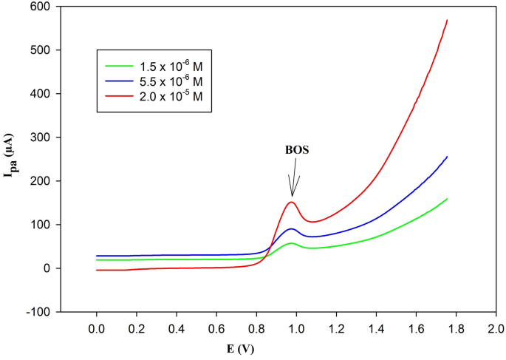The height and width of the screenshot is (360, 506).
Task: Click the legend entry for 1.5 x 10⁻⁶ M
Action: [x=154, y=64]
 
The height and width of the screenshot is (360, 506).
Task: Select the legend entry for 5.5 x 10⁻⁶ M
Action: [x=154, y=80]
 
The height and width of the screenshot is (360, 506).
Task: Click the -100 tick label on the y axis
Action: [x=36, y=312]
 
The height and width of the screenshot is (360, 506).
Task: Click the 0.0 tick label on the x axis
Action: [x=96, y=327]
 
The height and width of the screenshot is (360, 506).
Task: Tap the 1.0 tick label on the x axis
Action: [x=296, y=327]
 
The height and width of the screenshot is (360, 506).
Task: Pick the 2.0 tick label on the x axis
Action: [x=496, y=327]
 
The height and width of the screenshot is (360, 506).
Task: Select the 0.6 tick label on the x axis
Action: [x=216, y=327]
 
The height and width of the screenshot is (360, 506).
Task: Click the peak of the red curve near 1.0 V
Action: [x=292, y=202]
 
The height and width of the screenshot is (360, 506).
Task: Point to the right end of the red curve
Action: [x=448, y=20]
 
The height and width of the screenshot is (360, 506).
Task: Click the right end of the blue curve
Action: [x=448, y=156]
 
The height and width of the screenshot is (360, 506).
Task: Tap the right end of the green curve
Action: [x=448, y=198]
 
